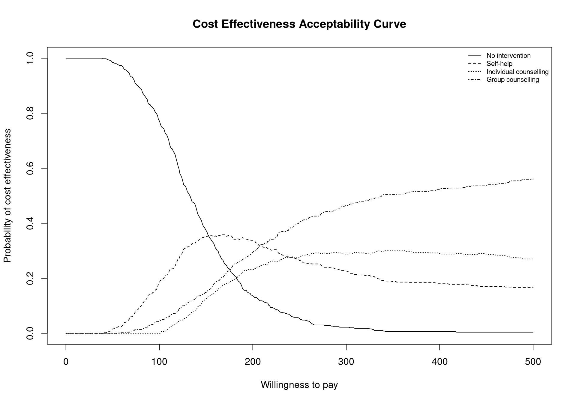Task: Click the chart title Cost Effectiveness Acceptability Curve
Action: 299,24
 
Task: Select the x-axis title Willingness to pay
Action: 299,385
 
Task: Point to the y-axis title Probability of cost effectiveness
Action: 7,196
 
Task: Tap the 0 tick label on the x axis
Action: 66,362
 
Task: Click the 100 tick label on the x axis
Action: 159,362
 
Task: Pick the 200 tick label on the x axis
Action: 253,362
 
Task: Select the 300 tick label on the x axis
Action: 346,362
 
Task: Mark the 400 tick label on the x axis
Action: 439,362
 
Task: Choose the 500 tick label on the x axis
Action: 533,362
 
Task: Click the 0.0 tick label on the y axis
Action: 30,333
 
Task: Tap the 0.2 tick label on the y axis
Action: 30,278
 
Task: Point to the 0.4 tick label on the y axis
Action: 30,223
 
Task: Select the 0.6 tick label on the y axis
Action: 30,168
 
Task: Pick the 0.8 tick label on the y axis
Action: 30,113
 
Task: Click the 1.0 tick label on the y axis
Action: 30,58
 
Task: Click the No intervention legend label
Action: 508,56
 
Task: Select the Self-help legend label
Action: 499,64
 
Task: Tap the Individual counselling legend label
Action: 517,72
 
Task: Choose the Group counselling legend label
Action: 513,80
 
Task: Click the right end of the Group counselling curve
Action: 533,179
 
